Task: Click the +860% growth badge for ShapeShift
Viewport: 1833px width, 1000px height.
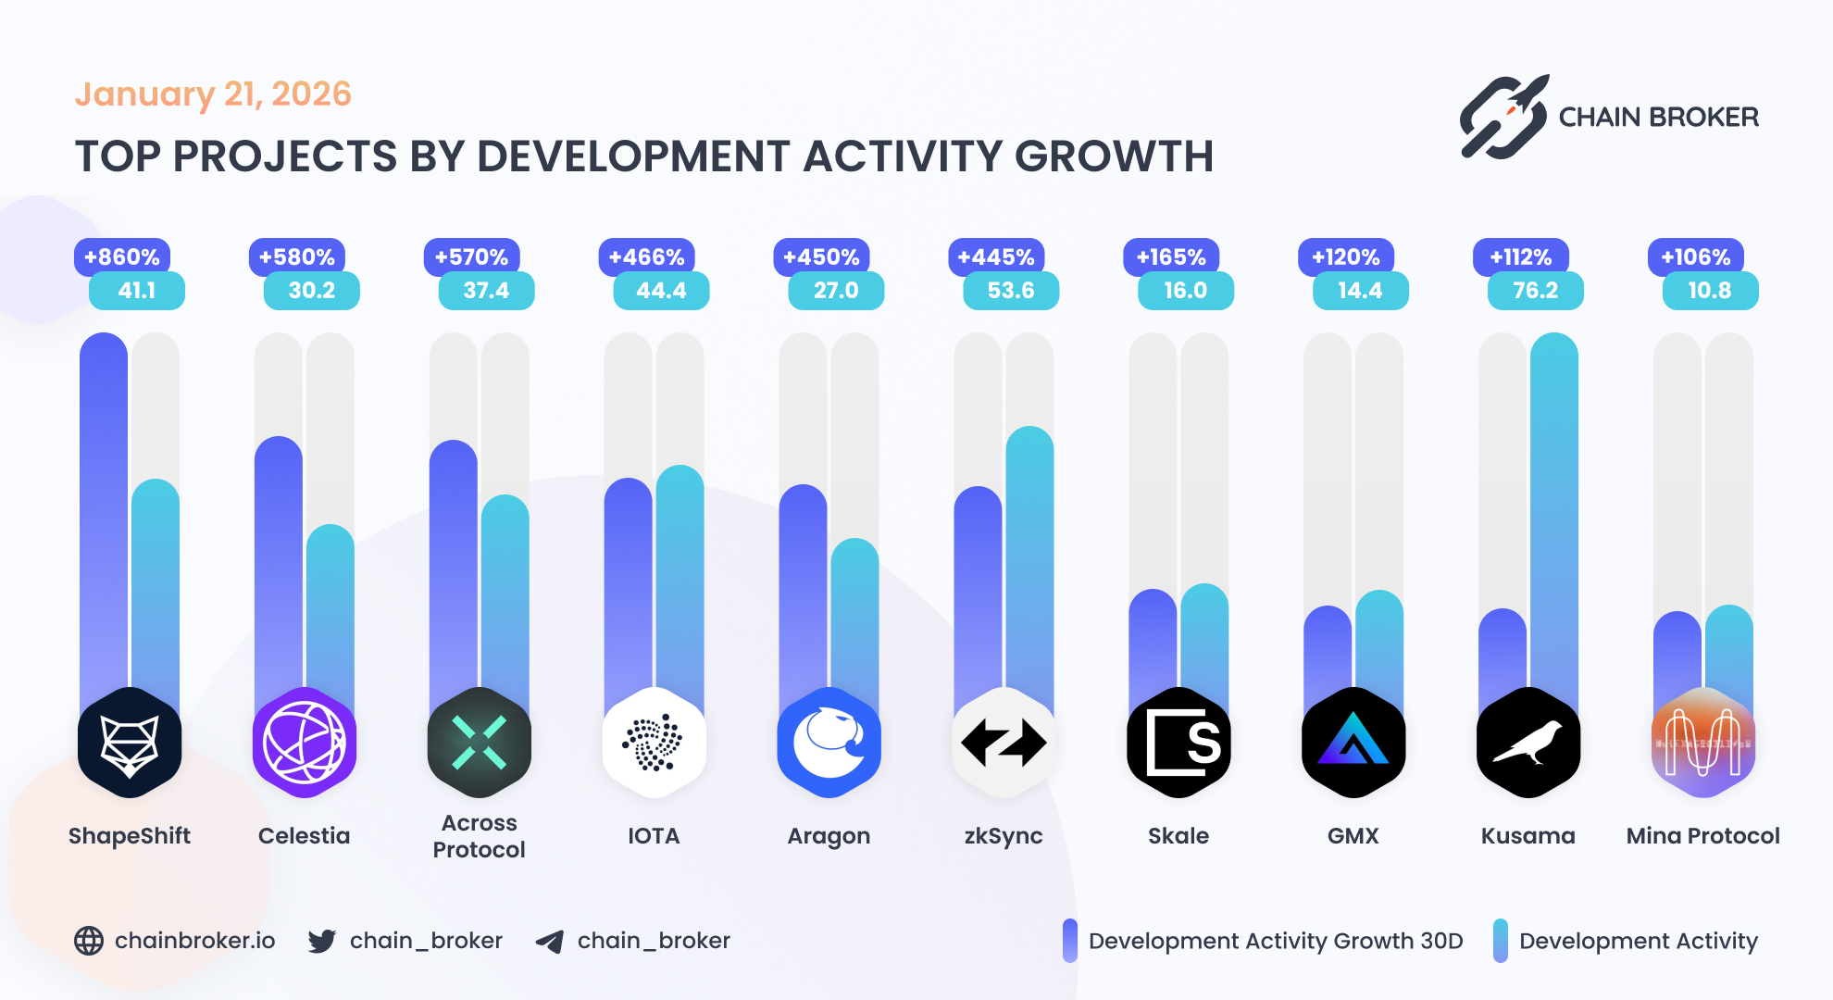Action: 121,256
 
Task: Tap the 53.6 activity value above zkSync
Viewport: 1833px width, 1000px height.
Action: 1010,291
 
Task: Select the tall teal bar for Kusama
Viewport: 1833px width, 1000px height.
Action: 1553,519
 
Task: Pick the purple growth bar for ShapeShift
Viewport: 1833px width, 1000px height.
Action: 104,519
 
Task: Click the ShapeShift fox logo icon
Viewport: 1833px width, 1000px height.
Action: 130,743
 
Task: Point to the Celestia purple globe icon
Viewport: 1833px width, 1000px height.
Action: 305,743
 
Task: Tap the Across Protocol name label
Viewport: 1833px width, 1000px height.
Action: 479,836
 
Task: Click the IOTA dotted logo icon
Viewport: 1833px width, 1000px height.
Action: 654,743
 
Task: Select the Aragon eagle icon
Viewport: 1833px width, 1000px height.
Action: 829,743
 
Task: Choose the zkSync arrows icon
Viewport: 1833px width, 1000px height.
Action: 1004,743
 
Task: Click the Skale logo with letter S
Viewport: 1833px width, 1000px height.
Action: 1178,743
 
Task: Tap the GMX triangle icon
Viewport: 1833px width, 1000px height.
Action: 1353,743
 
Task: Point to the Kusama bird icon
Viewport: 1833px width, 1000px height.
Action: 1528,743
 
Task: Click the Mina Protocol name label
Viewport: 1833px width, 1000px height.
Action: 1702,836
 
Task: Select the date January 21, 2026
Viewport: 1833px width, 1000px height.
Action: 213,94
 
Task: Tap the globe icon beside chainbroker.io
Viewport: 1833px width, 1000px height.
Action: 89,941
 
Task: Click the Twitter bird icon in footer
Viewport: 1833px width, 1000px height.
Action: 322,941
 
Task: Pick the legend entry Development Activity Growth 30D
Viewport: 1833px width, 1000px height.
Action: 1275,941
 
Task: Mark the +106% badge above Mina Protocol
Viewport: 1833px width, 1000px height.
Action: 1695,256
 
